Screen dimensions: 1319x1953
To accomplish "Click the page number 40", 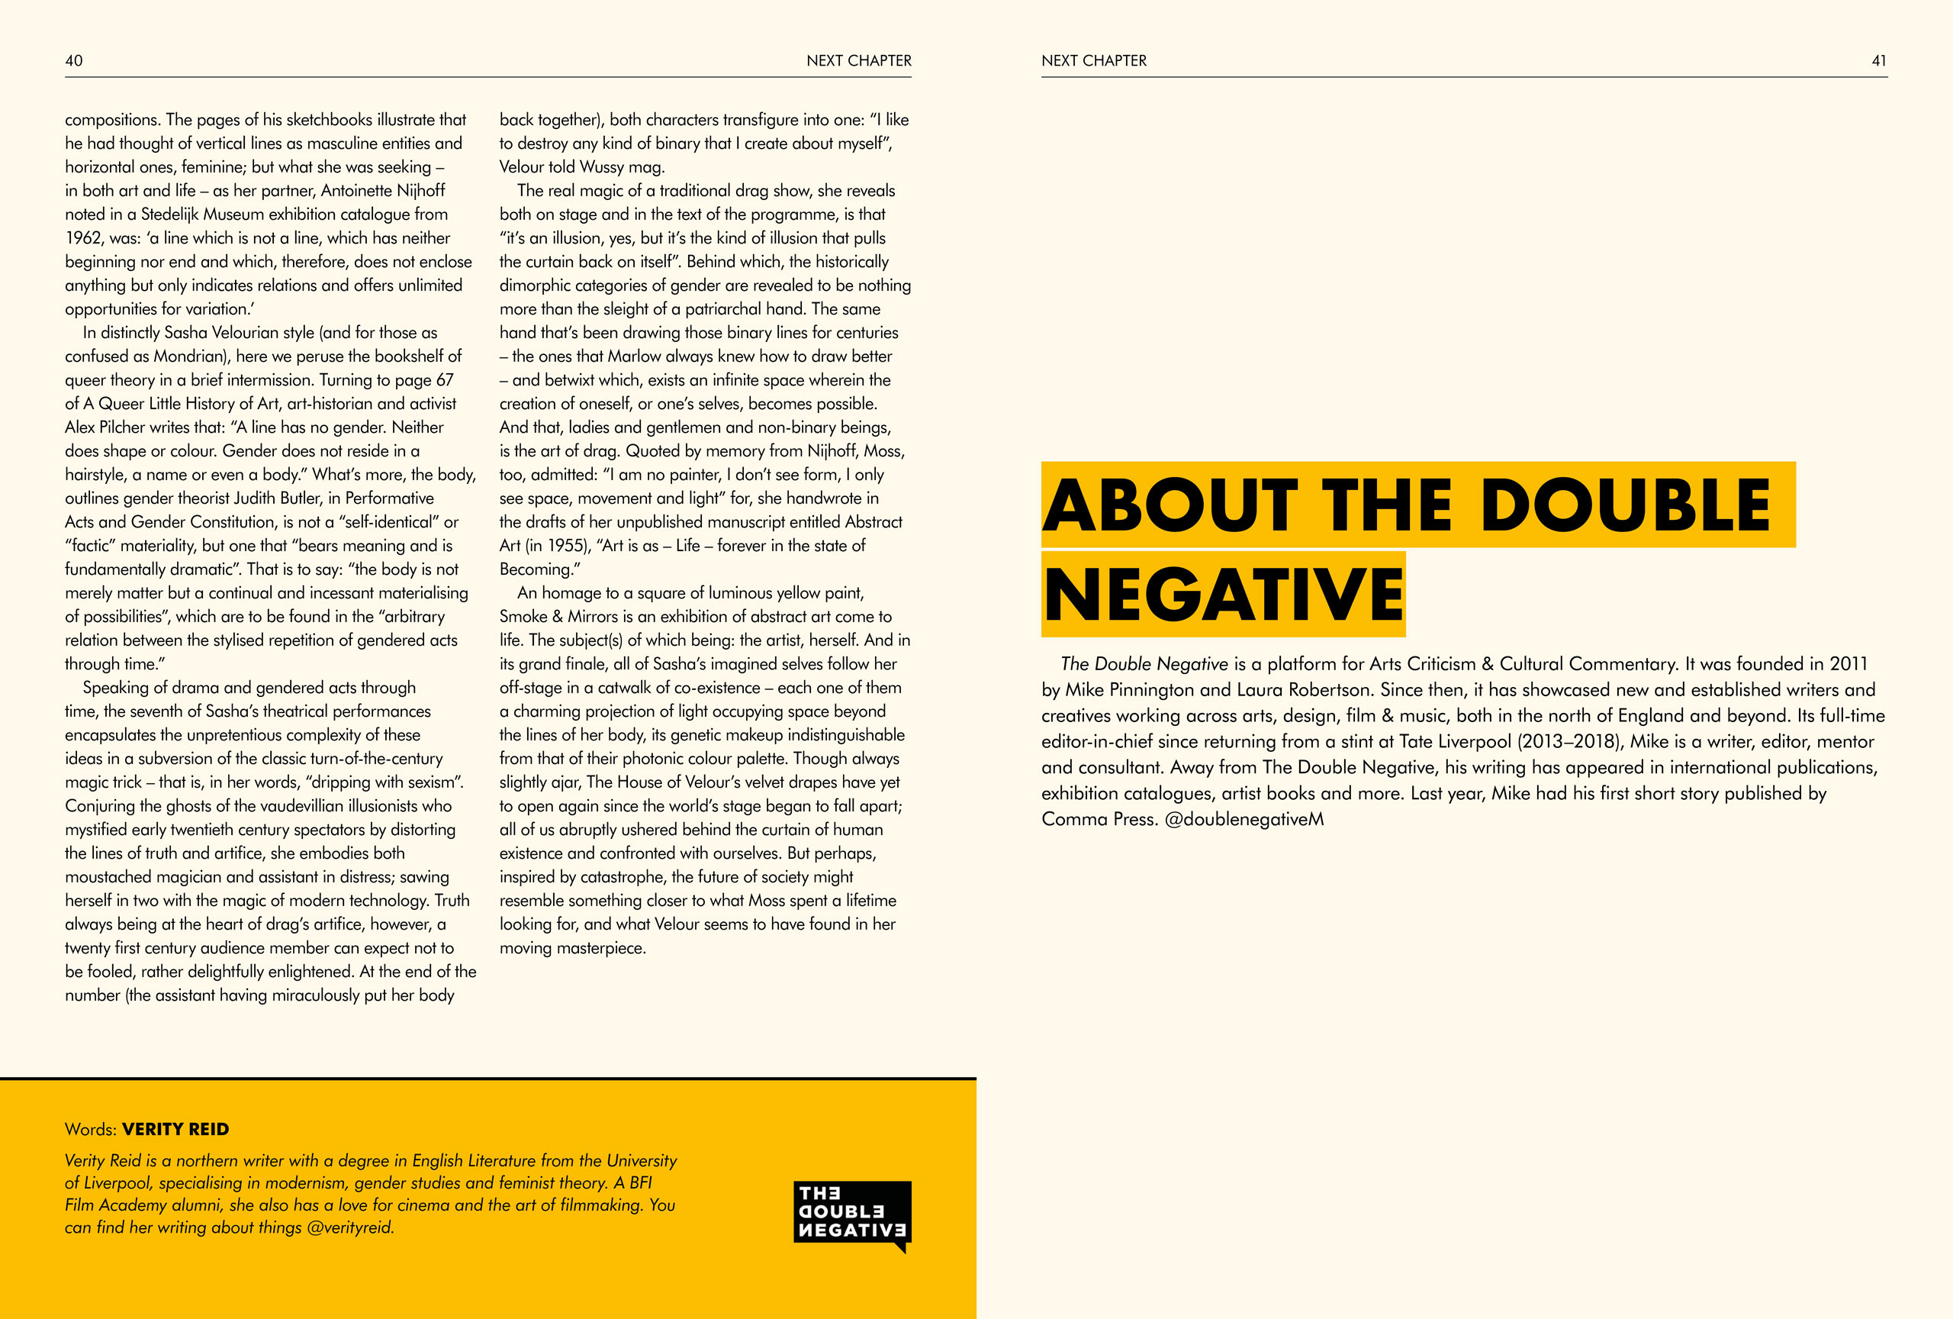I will tap(74, 60).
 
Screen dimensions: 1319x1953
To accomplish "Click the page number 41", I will tap(1879, 60).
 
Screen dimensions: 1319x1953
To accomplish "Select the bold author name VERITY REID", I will tap(175, 1129).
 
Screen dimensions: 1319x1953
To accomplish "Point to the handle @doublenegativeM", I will tap(1244, 819).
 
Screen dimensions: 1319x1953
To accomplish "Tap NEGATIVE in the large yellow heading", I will tap(1223, 595).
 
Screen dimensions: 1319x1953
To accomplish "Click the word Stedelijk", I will tap(177, 214).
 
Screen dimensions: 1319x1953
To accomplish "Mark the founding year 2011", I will tap(1848, 664).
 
